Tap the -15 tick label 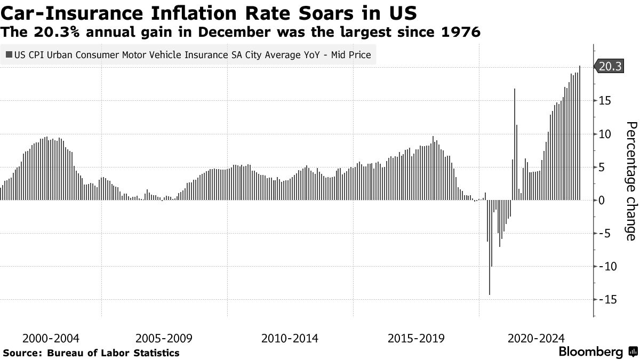click(605, 300)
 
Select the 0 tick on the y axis click(602, 201)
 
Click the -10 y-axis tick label click(605, 267)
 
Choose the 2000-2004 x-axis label click(51, 338)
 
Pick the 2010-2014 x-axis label click(290, 338)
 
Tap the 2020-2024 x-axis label click(535, 338)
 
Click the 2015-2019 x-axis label click(416, 338)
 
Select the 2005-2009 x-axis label click(164, 338)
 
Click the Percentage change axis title click(630, 181)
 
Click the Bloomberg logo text click(590, 352)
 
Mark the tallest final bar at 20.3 click(580, 133)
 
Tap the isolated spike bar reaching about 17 click(515, 144)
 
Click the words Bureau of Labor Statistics click(113, 353)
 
